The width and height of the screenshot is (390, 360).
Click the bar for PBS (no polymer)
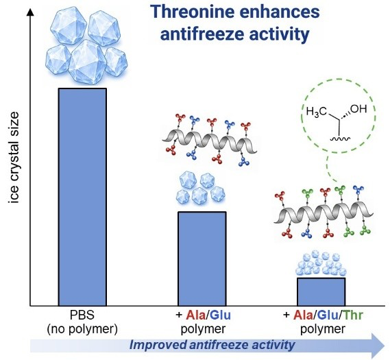82,197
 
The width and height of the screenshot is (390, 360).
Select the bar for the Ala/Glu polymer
202,259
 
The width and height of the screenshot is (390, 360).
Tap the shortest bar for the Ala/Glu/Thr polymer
321,292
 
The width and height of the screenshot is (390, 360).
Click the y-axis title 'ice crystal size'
14,158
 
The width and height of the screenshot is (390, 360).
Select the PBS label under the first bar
82,315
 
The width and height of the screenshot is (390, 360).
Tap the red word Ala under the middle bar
196,315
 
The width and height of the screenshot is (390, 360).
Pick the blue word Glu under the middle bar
221,315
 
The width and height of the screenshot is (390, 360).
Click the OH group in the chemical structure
358,109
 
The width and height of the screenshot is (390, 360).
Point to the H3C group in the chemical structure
316,111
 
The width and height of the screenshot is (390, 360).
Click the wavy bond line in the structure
340,139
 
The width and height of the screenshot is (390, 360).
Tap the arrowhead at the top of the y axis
30,12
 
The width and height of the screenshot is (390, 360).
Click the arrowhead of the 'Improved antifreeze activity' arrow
378,346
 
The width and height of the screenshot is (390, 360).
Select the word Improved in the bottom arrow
158,346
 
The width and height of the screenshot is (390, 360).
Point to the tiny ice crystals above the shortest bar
321,263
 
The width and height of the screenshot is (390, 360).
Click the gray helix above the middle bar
210,143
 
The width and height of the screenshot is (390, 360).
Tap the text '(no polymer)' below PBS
82,329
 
